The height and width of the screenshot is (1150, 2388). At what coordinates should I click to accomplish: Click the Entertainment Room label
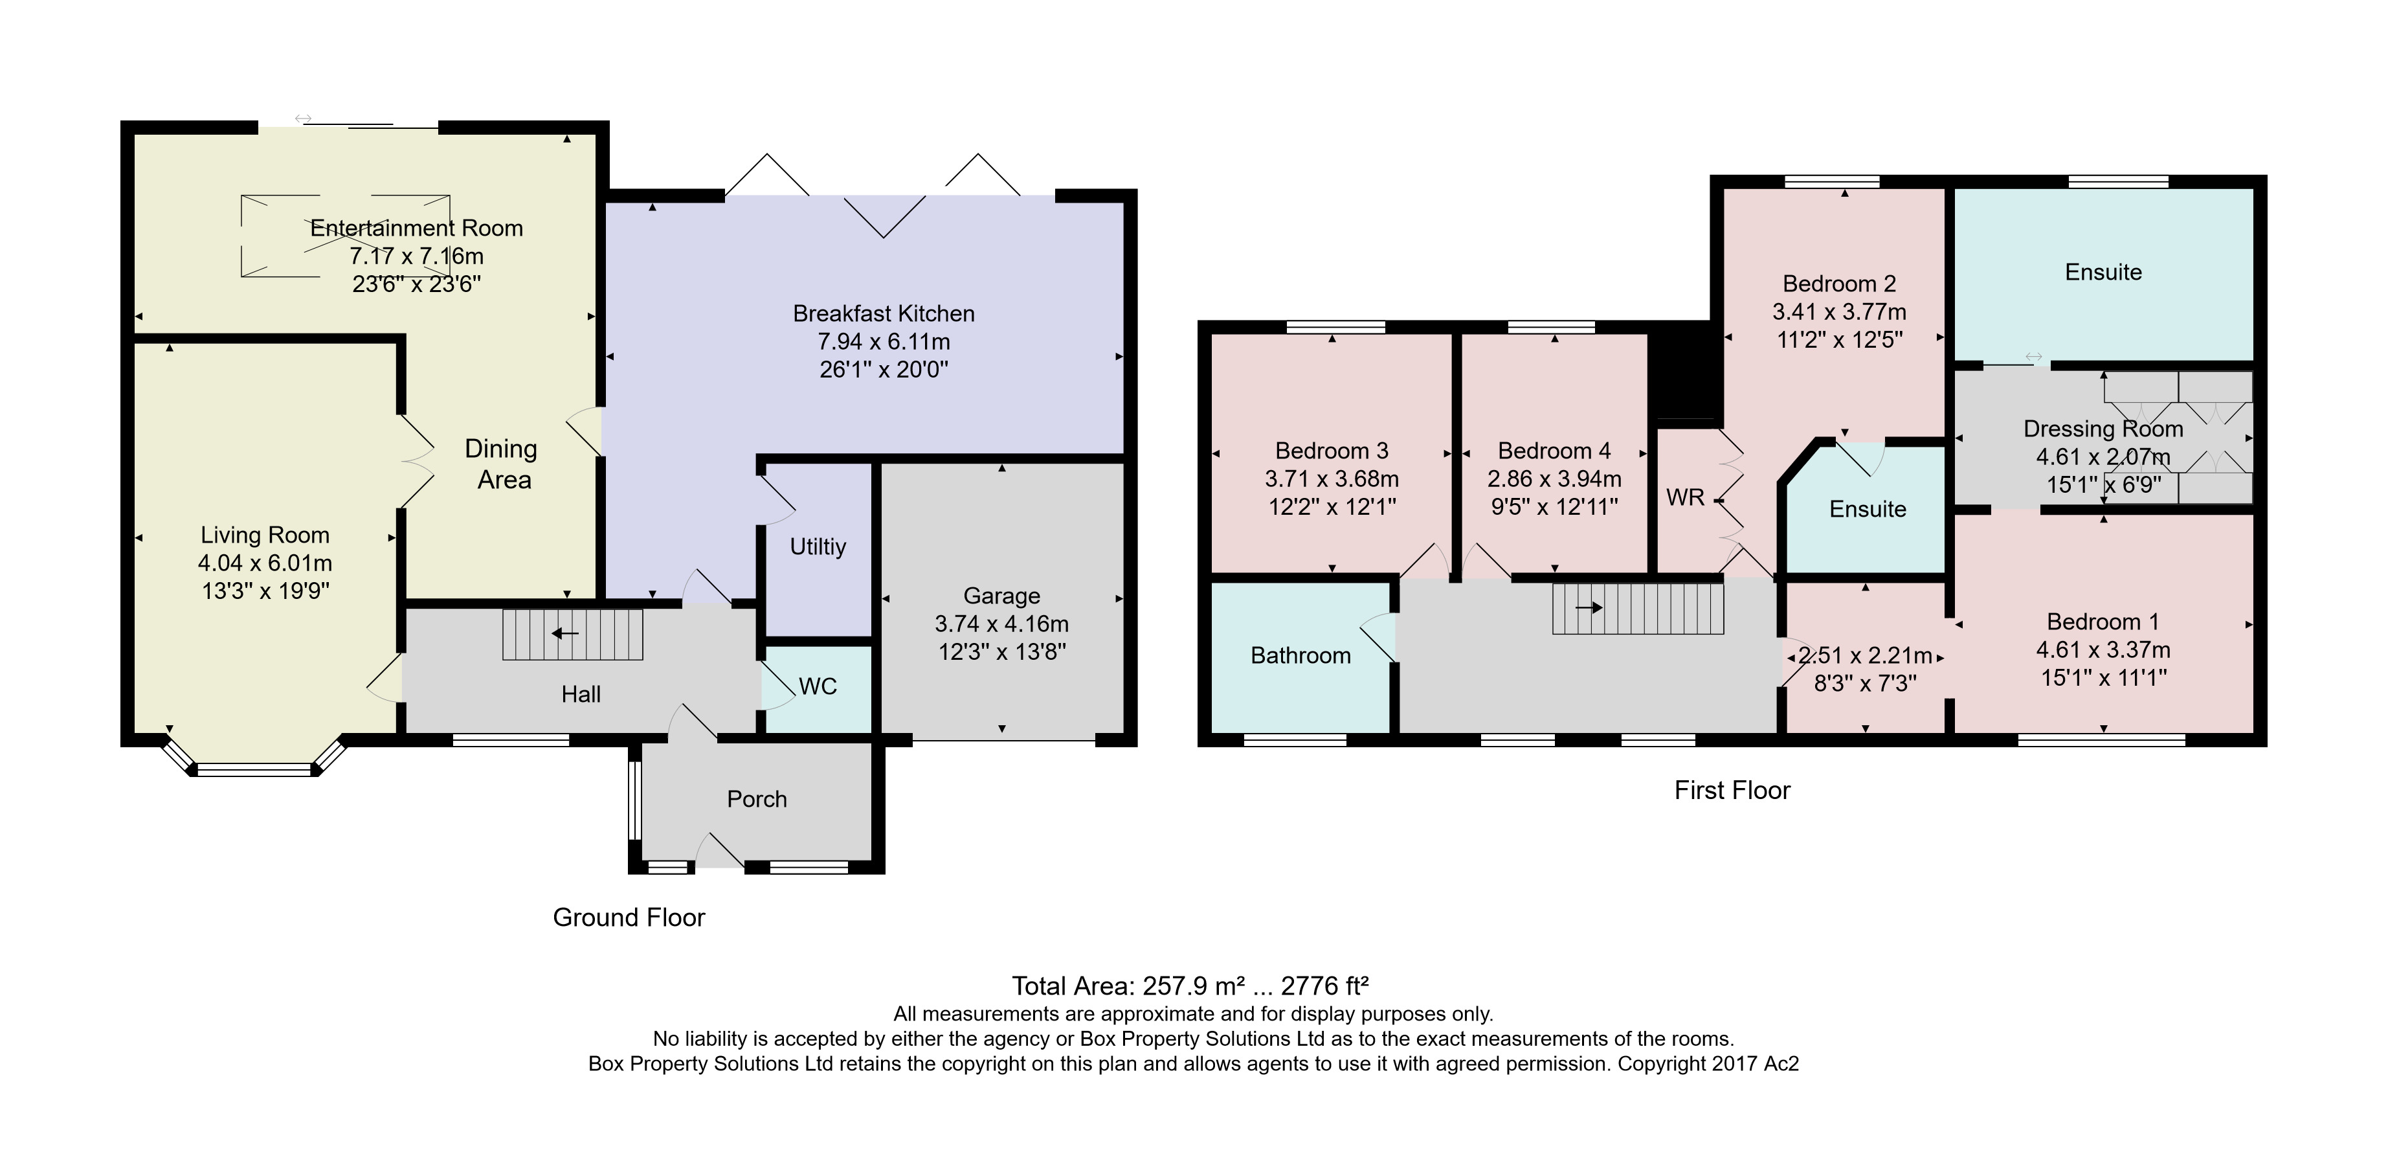[x=416, y=228]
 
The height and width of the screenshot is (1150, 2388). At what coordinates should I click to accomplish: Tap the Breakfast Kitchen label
[x=884, y=313]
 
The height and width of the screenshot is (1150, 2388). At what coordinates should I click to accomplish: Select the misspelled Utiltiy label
[x=818, y=547]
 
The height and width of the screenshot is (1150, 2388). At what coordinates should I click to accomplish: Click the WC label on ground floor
[x=818, y=686]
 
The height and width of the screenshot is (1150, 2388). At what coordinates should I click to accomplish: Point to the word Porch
[x=757, y=800]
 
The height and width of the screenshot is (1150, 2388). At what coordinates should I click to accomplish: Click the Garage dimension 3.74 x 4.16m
[x=1001, y=624]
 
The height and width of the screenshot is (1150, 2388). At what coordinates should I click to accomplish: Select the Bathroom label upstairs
[x=1300, y=656]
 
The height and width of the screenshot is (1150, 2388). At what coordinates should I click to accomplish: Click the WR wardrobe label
[x=1685, y=498]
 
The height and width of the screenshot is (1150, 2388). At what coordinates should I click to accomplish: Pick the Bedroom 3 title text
[x=1331, y=451]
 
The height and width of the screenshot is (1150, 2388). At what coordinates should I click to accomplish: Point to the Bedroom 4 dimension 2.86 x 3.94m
[x=1555, y=479]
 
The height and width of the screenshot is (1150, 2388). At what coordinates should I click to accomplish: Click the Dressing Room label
[x=2103, y=429]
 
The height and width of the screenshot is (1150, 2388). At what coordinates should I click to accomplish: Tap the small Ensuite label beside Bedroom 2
[x=1867, y=509]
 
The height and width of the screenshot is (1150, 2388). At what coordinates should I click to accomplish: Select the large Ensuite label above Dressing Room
[x=2103, y=273]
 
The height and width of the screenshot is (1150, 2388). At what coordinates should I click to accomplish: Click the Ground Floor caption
[x=629, y=918]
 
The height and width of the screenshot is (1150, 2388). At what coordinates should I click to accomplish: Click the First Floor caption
[x=1732, y=790]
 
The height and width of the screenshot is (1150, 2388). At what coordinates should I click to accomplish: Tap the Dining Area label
[x=502, y=464]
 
